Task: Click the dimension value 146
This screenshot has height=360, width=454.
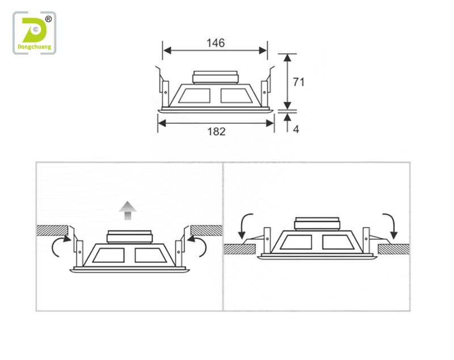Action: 216,43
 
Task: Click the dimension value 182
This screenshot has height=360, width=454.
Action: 216,132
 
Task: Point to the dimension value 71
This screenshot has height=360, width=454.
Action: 299,82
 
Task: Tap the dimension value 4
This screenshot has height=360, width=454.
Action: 296,129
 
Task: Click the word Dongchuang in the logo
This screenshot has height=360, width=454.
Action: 35,47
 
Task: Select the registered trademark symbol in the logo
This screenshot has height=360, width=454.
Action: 48,19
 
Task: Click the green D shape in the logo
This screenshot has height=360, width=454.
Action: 34,30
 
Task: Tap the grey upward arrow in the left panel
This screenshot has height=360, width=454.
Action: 128,211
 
